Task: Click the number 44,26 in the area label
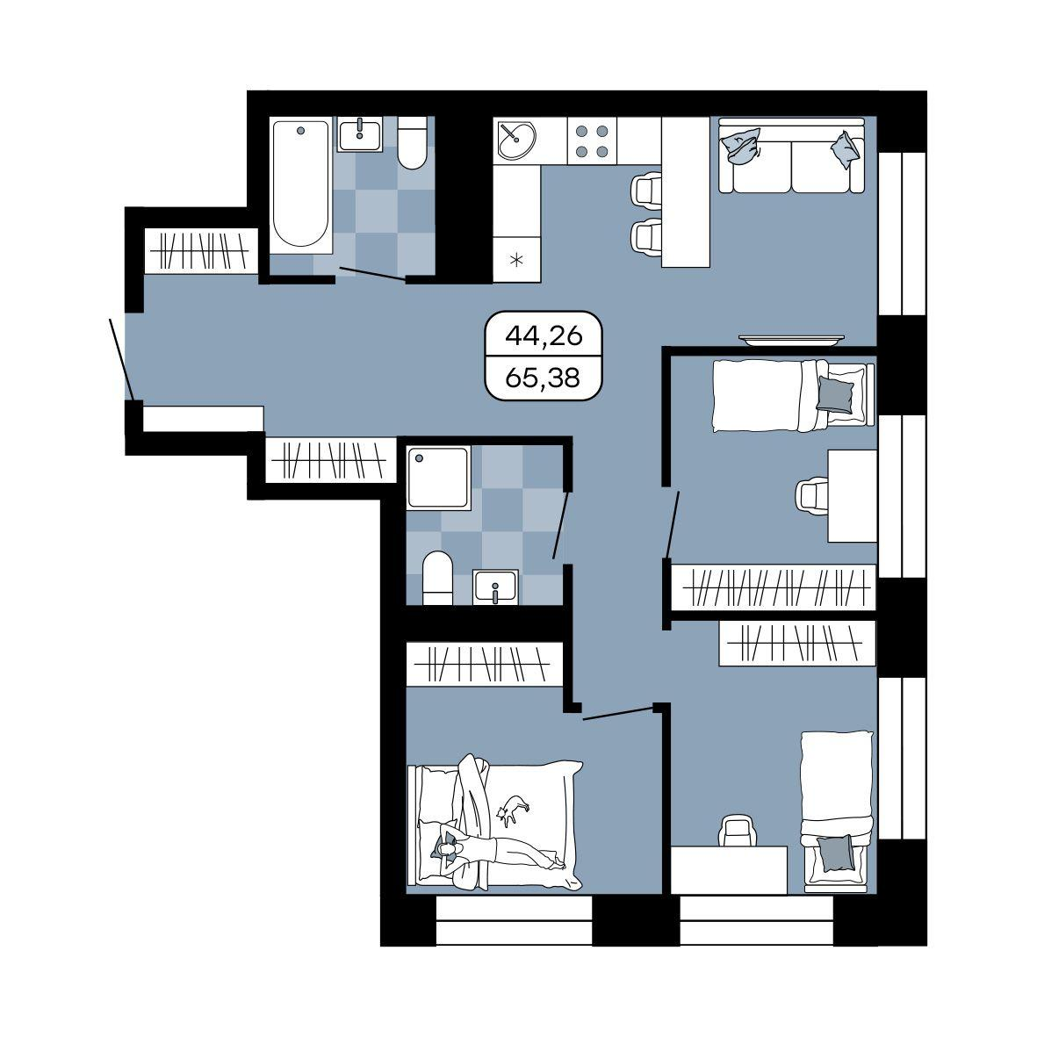click(x=544, y=336)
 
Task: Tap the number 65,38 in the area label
click(x=544, y=378)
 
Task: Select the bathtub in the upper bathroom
click(x=301, y=184)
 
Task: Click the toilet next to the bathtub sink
click(x=413, y=143)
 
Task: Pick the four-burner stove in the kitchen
click(x=592, y=140)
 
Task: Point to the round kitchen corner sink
click(x=516, y=140)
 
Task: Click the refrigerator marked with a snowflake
click(x=516, y=259)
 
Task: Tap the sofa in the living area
click(x=792, y=156)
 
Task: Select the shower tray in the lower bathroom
click(x=438, y=477)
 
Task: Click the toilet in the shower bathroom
click(x=437, y=578)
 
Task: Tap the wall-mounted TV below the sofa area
click(x=792, y=341)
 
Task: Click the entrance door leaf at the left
click(x=122, y=360)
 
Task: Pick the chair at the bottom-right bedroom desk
click(x=738, y=830)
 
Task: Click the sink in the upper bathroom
click(x=360, y=135)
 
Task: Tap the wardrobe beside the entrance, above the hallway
click(x=200, y=250)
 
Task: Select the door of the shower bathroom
click(x=561, y=525)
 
